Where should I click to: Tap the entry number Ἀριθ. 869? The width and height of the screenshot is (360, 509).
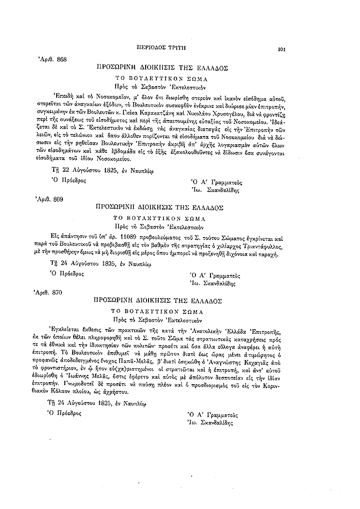pos(49,198)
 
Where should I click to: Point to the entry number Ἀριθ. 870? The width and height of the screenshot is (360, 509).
pos(49,293)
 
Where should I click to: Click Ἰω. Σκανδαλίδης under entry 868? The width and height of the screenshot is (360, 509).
pos(213,190)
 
